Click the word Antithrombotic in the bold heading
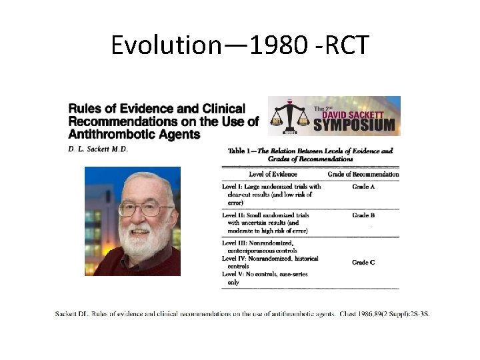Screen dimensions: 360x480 coord(104,134)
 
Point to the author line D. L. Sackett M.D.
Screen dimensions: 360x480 coord(98,149)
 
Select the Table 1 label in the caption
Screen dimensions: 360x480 coord(242,151)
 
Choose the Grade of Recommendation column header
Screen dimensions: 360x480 coord(363,174)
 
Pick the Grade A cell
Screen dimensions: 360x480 coord(363,187)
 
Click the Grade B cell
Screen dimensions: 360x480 coord(363,215)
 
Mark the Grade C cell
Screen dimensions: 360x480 coord(363,263)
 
